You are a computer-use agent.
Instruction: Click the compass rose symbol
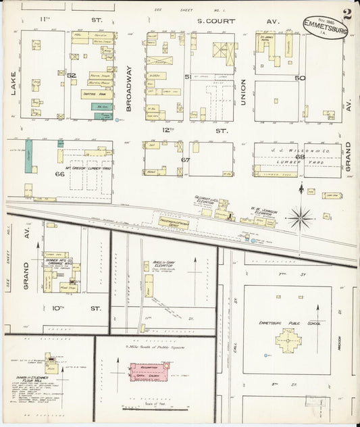pos(301,218)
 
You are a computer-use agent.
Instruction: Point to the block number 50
pos(299,78)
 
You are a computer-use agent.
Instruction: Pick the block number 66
pos(59,174)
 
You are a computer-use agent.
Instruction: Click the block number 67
pos(185,159)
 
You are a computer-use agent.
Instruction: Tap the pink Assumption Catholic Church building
pos(149,371)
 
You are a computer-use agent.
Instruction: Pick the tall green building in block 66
pos(29,158)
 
